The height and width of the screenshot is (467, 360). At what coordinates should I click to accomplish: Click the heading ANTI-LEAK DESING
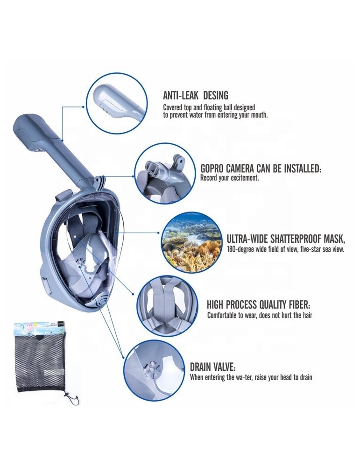point(195,95)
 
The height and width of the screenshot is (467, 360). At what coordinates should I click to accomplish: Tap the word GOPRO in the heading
point(212,169)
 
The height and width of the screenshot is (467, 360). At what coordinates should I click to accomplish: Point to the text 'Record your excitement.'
point(230,178)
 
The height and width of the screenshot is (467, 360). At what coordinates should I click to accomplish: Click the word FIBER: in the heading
point(300,305)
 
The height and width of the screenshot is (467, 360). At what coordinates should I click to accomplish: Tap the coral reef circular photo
point(191,241)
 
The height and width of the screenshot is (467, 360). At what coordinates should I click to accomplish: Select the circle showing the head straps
point(167,305)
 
